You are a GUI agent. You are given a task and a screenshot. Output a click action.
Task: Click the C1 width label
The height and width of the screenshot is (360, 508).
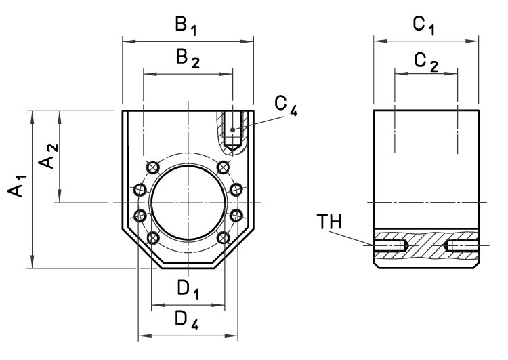[425, 26]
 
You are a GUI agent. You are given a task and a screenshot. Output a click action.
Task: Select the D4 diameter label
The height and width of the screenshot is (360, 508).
[188, 319]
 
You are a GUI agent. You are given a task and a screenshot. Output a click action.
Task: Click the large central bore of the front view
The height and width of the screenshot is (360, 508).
[188, 202]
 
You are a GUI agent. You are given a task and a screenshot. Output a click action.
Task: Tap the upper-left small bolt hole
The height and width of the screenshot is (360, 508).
[153, 167]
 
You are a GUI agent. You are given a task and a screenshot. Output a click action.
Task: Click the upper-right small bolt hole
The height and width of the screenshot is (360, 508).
[223, 167]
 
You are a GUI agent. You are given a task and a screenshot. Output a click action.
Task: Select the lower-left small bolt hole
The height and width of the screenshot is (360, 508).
[153, 237]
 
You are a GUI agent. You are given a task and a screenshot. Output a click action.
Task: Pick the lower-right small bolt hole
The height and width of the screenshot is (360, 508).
[223, 237]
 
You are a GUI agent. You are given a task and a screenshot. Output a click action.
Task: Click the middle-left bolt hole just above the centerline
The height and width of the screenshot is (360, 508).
[140, 189]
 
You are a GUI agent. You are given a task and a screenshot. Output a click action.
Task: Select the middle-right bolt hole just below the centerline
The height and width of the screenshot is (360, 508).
[236, 215]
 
